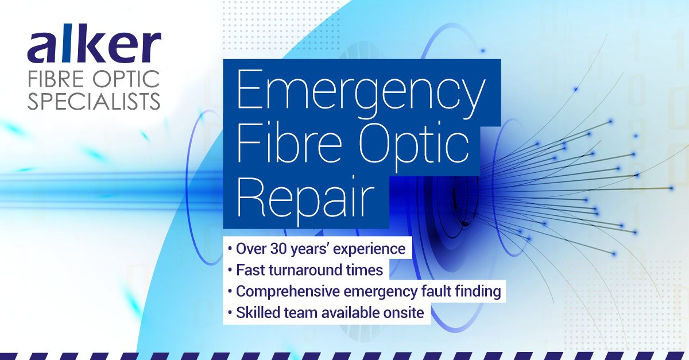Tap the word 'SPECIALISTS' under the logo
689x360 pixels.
tap(94, 100)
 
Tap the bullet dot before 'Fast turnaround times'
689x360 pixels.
tap(230, 271)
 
